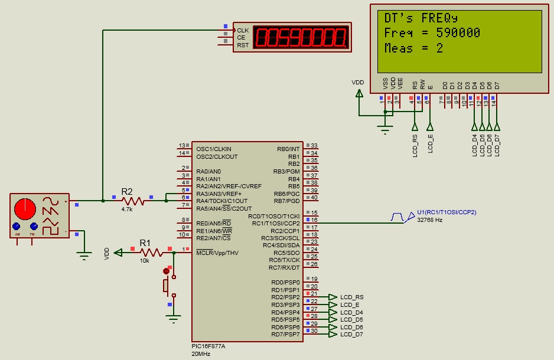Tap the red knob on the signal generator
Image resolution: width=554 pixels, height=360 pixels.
(25, 208)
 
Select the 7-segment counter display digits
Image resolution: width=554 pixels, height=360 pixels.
(300, 38)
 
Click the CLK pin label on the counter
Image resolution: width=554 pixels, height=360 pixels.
(243, 30)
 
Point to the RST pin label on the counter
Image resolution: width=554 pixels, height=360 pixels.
(243, 45)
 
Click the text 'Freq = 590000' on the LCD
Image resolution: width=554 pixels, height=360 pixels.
(432, 33)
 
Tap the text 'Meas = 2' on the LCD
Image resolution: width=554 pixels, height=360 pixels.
(413, 48)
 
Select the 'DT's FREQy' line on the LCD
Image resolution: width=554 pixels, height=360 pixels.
(421, 18)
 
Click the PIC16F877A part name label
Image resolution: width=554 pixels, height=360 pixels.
(208, 346)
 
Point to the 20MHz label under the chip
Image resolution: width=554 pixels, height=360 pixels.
(201, 354)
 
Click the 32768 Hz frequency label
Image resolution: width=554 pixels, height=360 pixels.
(429, 219)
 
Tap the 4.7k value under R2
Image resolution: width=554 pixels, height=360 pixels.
(127, 209)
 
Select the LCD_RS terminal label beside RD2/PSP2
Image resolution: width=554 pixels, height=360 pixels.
(352, 297)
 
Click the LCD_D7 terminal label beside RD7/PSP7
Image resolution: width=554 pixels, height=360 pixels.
(352, 335)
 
